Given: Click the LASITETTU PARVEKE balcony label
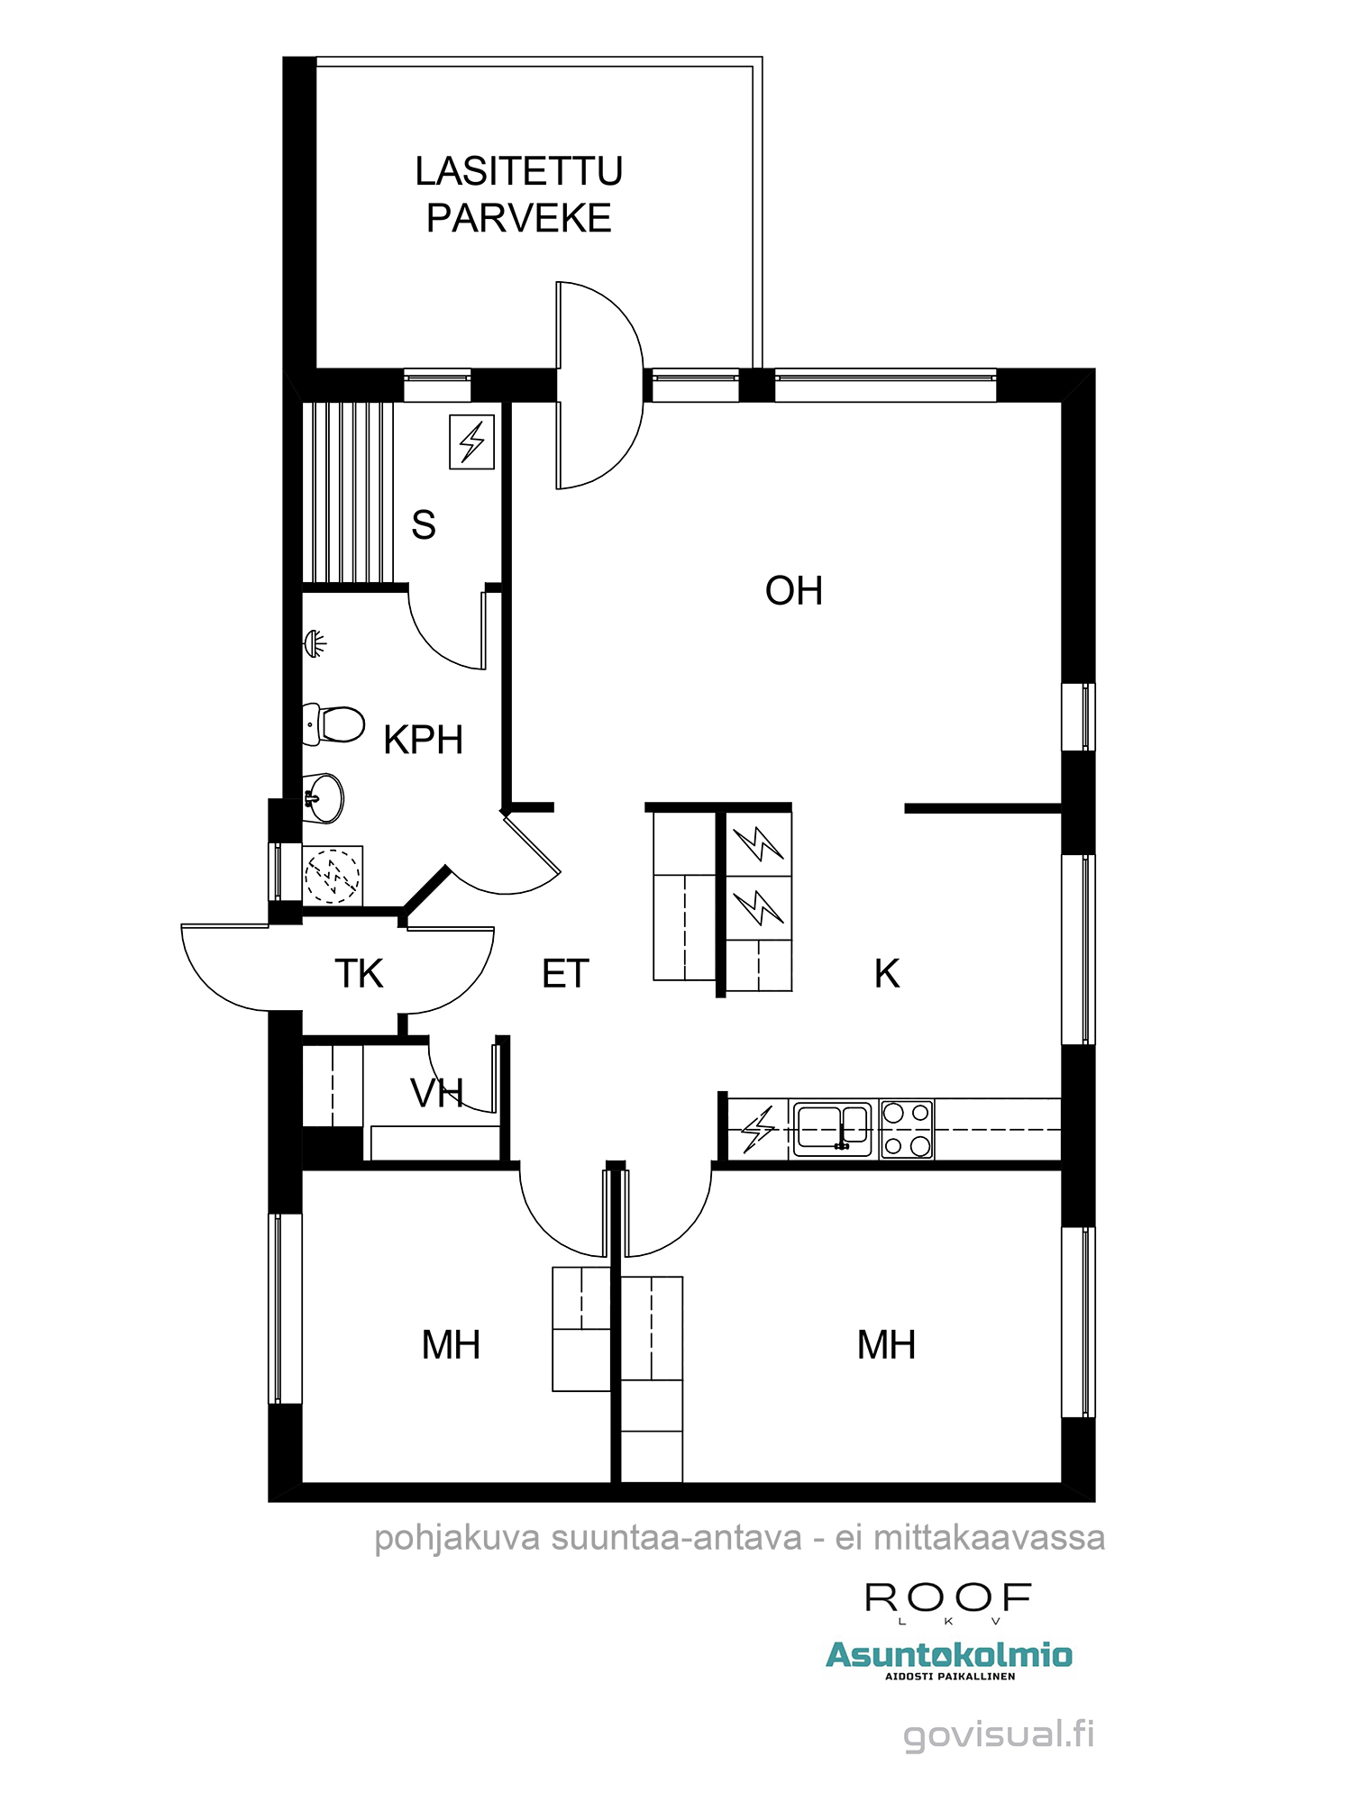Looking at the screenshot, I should (x=518, y=195).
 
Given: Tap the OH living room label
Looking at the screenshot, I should (x=793, y=591).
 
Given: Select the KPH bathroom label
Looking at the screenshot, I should (x=423, y=740).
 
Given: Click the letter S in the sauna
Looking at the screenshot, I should (x=423, y=524).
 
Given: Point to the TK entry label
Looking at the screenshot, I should (x=359, y=973).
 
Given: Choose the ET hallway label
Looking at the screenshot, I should (x=565, y=973).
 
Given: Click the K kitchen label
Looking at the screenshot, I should (x=886, y=973).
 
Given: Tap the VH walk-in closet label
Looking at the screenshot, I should (x=436, y=1093).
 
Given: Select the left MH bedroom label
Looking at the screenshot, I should (x=451, y=1344).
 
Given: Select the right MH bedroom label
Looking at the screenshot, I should (x=886, y=1344).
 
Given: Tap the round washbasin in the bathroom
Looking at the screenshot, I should (x=324, y=798).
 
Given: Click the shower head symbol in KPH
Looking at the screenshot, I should (x=315, y=643).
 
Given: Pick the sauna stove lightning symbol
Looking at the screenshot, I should (x=471, y=441).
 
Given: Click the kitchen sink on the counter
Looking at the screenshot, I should (x=831, y=1128).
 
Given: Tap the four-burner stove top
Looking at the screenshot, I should (x=906, y=1129).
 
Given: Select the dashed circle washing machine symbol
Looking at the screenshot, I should (x=332, y=875).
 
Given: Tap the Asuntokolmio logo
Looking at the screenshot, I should (x=948, y=1655).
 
